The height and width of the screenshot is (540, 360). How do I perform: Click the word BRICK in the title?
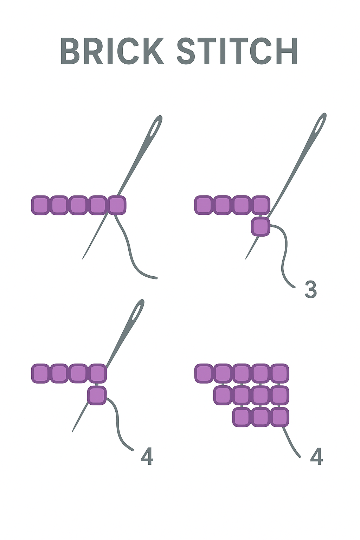tap(112, 51)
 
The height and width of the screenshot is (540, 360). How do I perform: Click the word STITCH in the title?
tap(238, 51)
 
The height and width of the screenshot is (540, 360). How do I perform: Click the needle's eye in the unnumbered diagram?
tap(156, 127)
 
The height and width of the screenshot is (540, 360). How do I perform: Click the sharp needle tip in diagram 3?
tap(245, 259)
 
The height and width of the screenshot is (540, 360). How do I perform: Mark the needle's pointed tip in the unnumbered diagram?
tap(83, 259)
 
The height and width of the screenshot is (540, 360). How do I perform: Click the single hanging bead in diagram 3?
tap(261, 227)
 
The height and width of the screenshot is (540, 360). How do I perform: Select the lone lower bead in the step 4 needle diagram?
tap(97, 395)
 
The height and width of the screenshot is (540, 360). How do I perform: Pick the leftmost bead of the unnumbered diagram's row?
tap(40, 205)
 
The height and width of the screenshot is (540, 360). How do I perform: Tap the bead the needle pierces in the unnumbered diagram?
tap(117, 205)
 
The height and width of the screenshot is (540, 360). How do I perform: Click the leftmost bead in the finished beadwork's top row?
tap(204, 373)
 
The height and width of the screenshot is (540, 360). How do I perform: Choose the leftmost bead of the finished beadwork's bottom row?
tap(242, 417)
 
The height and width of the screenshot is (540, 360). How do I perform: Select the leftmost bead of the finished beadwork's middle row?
tap(223, 396)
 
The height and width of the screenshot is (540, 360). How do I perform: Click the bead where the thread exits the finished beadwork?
tap(280, 417)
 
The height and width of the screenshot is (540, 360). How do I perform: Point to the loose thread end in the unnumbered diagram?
tap(156, 278)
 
